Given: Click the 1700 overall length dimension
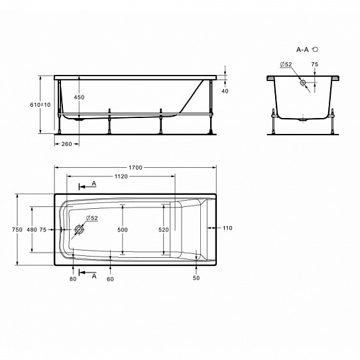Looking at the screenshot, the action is [135, 168].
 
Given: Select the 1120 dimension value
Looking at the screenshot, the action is [121, 176].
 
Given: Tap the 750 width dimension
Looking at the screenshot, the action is [17, 229].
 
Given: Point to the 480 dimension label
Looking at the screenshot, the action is [32, 229].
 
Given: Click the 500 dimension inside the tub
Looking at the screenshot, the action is [123, 230].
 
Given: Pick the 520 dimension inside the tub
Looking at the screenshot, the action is [164, 230].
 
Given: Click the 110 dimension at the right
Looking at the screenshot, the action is [227, 228].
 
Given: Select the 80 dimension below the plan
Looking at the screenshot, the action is [73, 279].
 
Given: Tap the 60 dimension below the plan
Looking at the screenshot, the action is [110, 279].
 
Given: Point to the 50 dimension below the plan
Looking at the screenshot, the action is [196, 278].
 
